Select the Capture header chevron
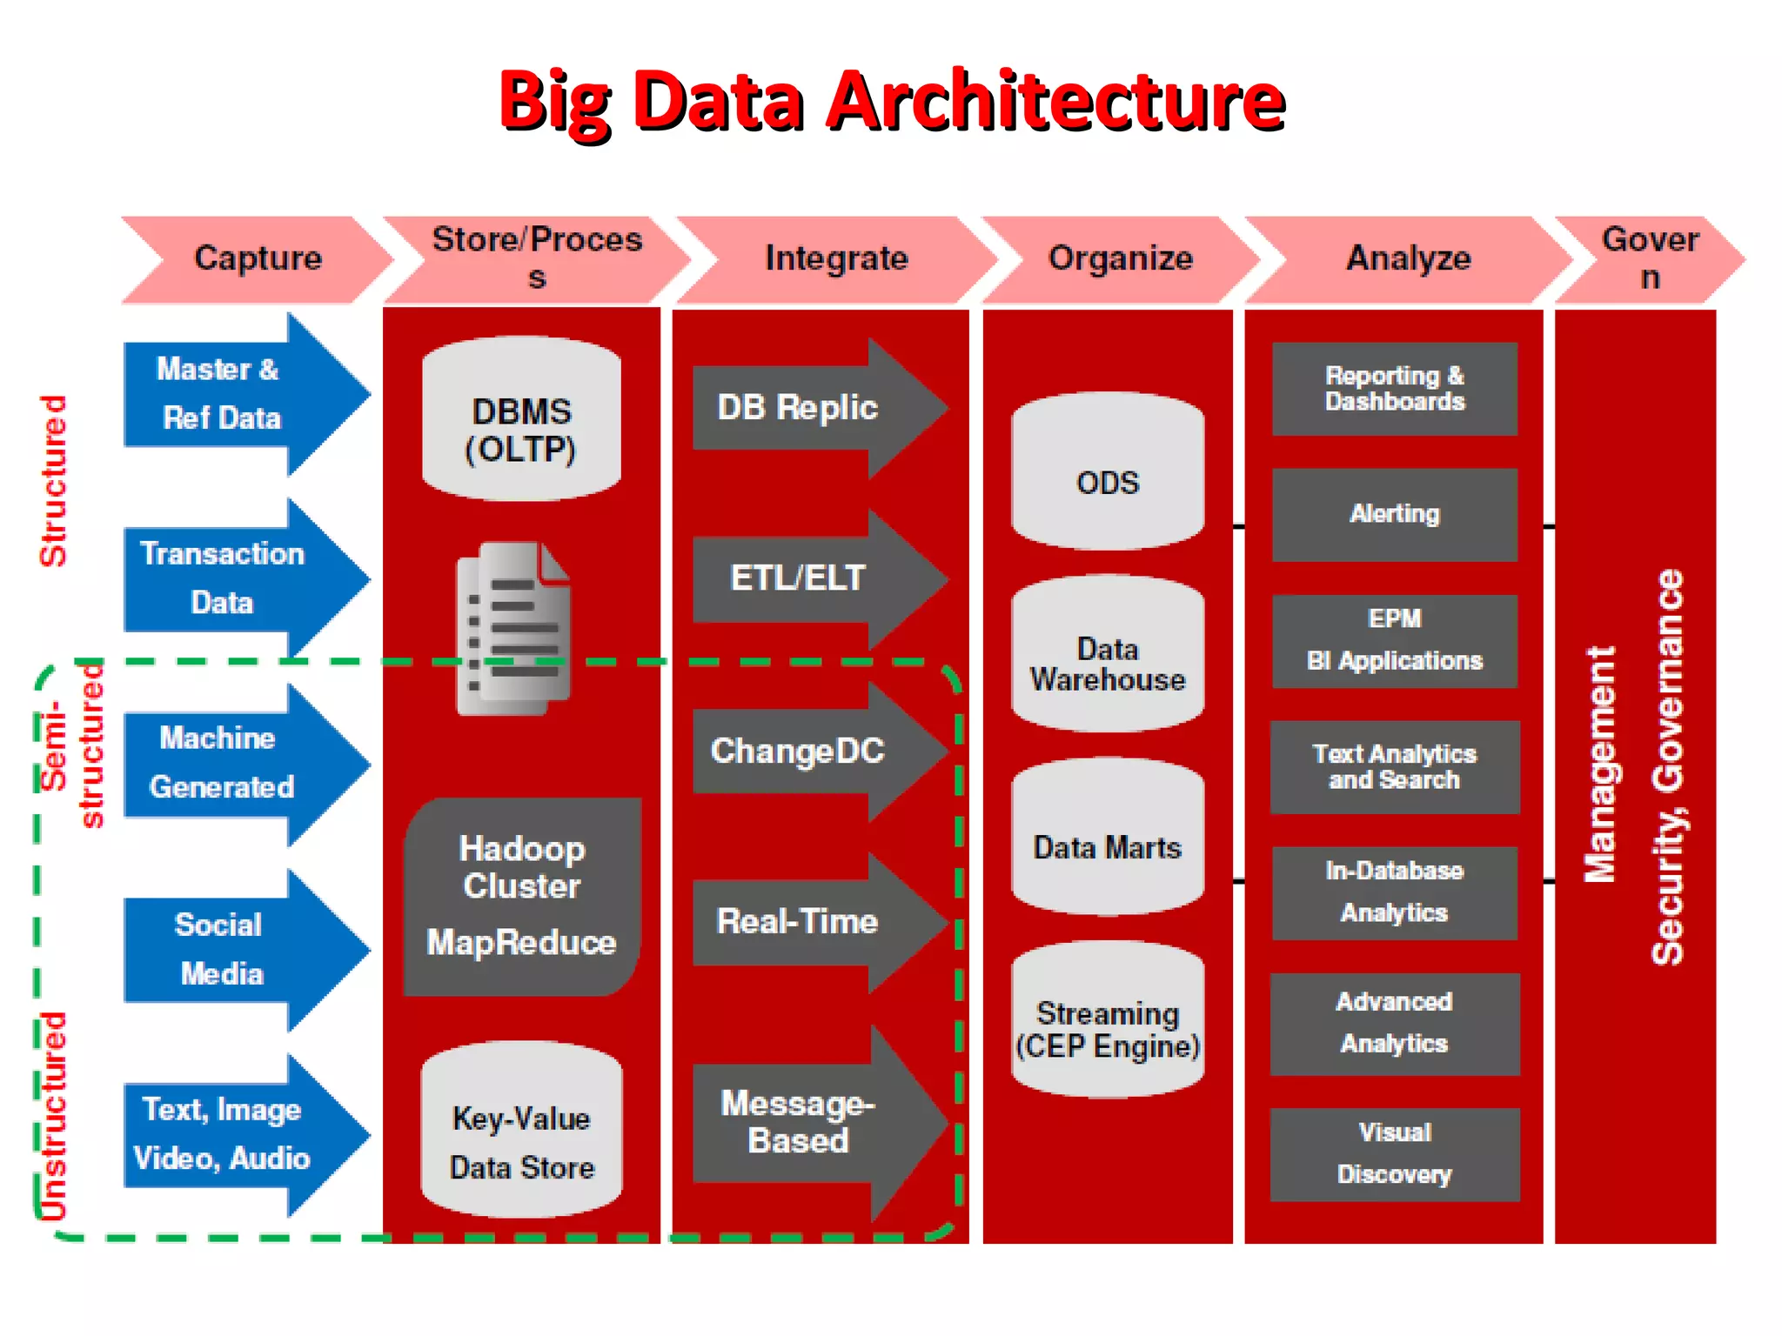258,258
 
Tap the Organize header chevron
1120,258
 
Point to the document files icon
514,628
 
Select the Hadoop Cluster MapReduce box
521,896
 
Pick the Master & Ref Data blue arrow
235,394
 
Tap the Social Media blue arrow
235,949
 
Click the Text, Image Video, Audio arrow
235,1134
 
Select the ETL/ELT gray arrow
809,578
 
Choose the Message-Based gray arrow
809,1122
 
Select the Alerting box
1394,514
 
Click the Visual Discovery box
1394,1153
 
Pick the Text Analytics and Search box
1394,766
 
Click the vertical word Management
1599,765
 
